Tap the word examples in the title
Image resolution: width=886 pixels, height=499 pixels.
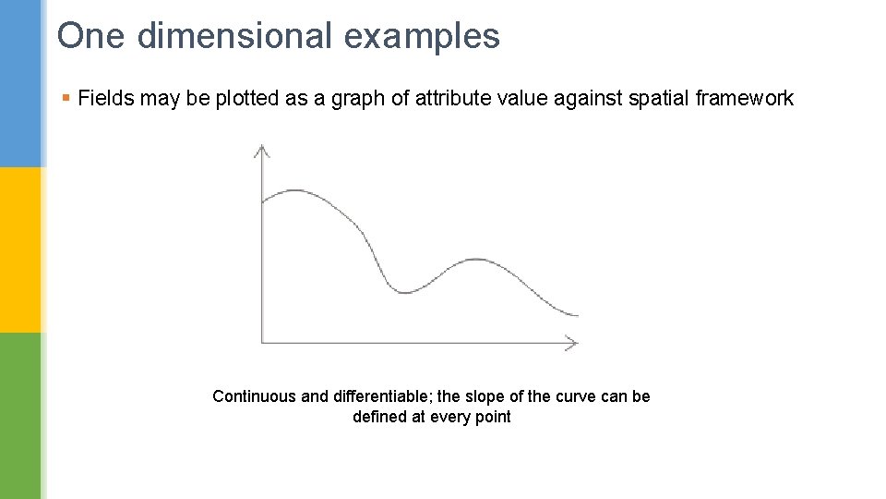coord(422,36)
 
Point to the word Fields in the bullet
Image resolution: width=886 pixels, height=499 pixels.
coord(102,99)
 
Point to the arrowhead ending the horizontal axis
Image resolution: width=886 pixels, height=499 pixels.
coord(572,343)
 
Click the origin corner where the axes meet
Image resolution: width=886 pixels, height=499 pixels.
coord(262,343)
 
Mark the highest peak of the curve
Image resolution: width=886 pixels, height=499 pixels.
coord(294,190)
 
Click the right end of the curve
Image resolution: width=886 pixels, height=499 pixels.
coord(577,315)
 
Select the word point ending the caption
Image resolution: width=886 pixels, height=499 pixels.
coord(492,417)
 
